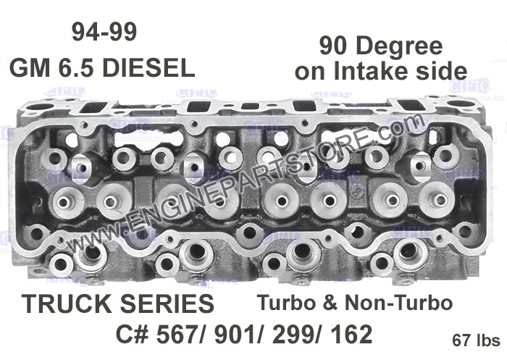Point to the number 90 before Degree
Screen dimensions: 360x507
pyautogui.click(x=335, y=46)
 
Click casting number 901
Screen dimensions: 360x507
pyautogui.click(x=240, y=335)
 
